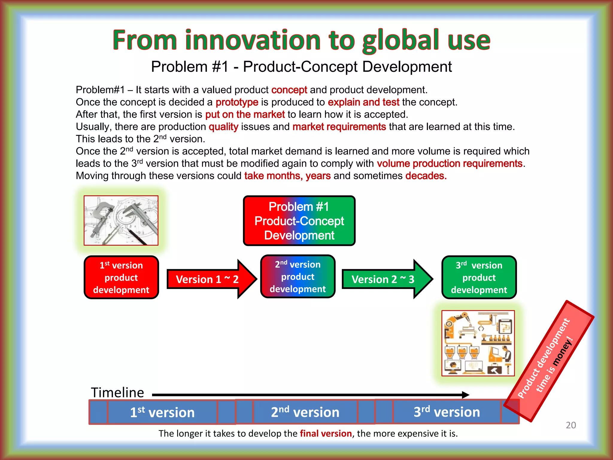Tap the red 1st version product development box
click(x=121, y=277)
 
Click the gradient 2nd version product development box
click(x=298, y=276)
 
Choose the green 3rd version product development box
click(x=479, y=277)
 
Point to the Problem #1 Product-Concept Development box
click(x=299, y=221)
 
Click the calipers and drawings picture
click(x=121, y=220)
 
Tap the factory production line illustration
click(x=478, y=343)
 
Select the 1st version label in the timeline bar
click(x=162, y=412)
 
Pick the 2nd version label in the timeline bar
click(x=305, y=412)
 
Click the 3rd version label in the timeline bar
click(x=447, y=412)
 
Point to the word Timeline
click(x=117, y=392)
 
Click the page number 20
click(x=571, y=425)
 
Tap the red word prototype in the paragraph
click(x=237, y=102)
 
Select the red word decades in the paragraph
click(x=426, y=175)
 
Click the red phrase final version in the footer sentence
click(x=326, y=433)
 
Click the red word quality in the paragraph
click(x=223, y=127)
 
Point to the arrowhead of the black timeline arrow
click(x=466, y=395)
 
